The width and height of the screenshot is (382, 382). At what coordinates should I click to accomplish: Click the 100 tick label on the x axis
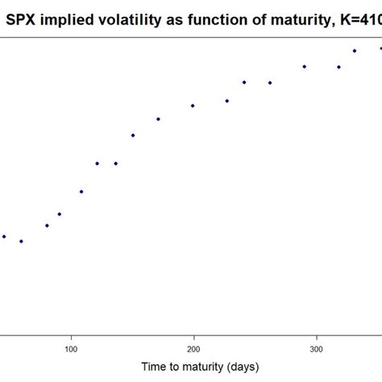(x=71, y=349)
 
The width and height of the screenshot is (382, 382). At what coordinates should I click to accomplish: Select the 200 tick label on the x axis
(x=193, y=349)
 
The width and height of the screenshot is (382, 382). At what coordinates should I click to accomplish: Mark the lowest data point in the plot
(x=22, y=241)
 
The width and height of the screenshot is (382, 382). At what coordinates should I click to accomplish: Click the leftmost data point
(x=4, y=236)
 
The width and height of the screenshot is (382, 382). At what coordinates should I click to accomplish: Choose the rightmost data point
(x=380, y=48)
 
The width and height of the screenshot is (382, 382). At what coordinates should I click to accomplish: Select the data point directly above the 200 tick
(x=193, y=106)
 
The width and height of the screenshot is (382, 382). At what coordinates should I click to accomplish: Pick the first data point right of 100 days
(x=81, y=192)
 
